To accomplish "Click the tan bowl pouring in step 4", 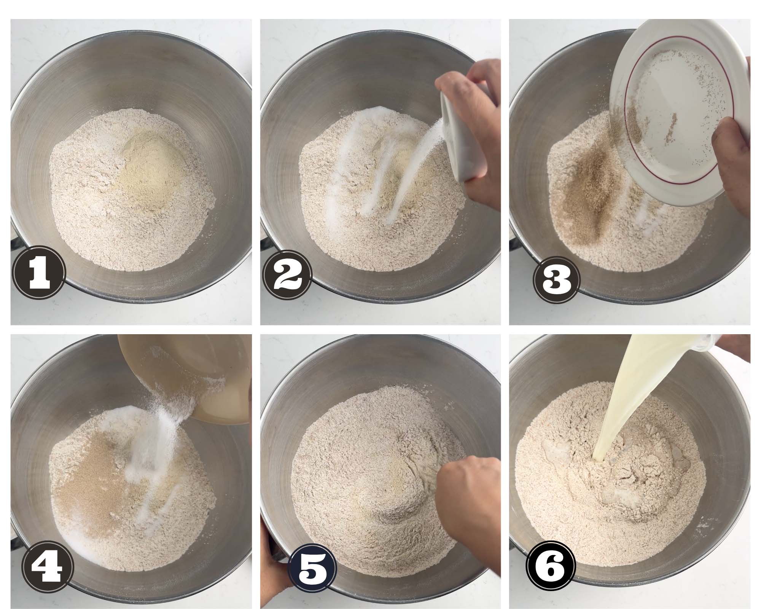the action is click(x=183, y=377).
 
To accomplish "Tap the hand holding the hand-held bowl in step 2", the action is click(x=476, y=126).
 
